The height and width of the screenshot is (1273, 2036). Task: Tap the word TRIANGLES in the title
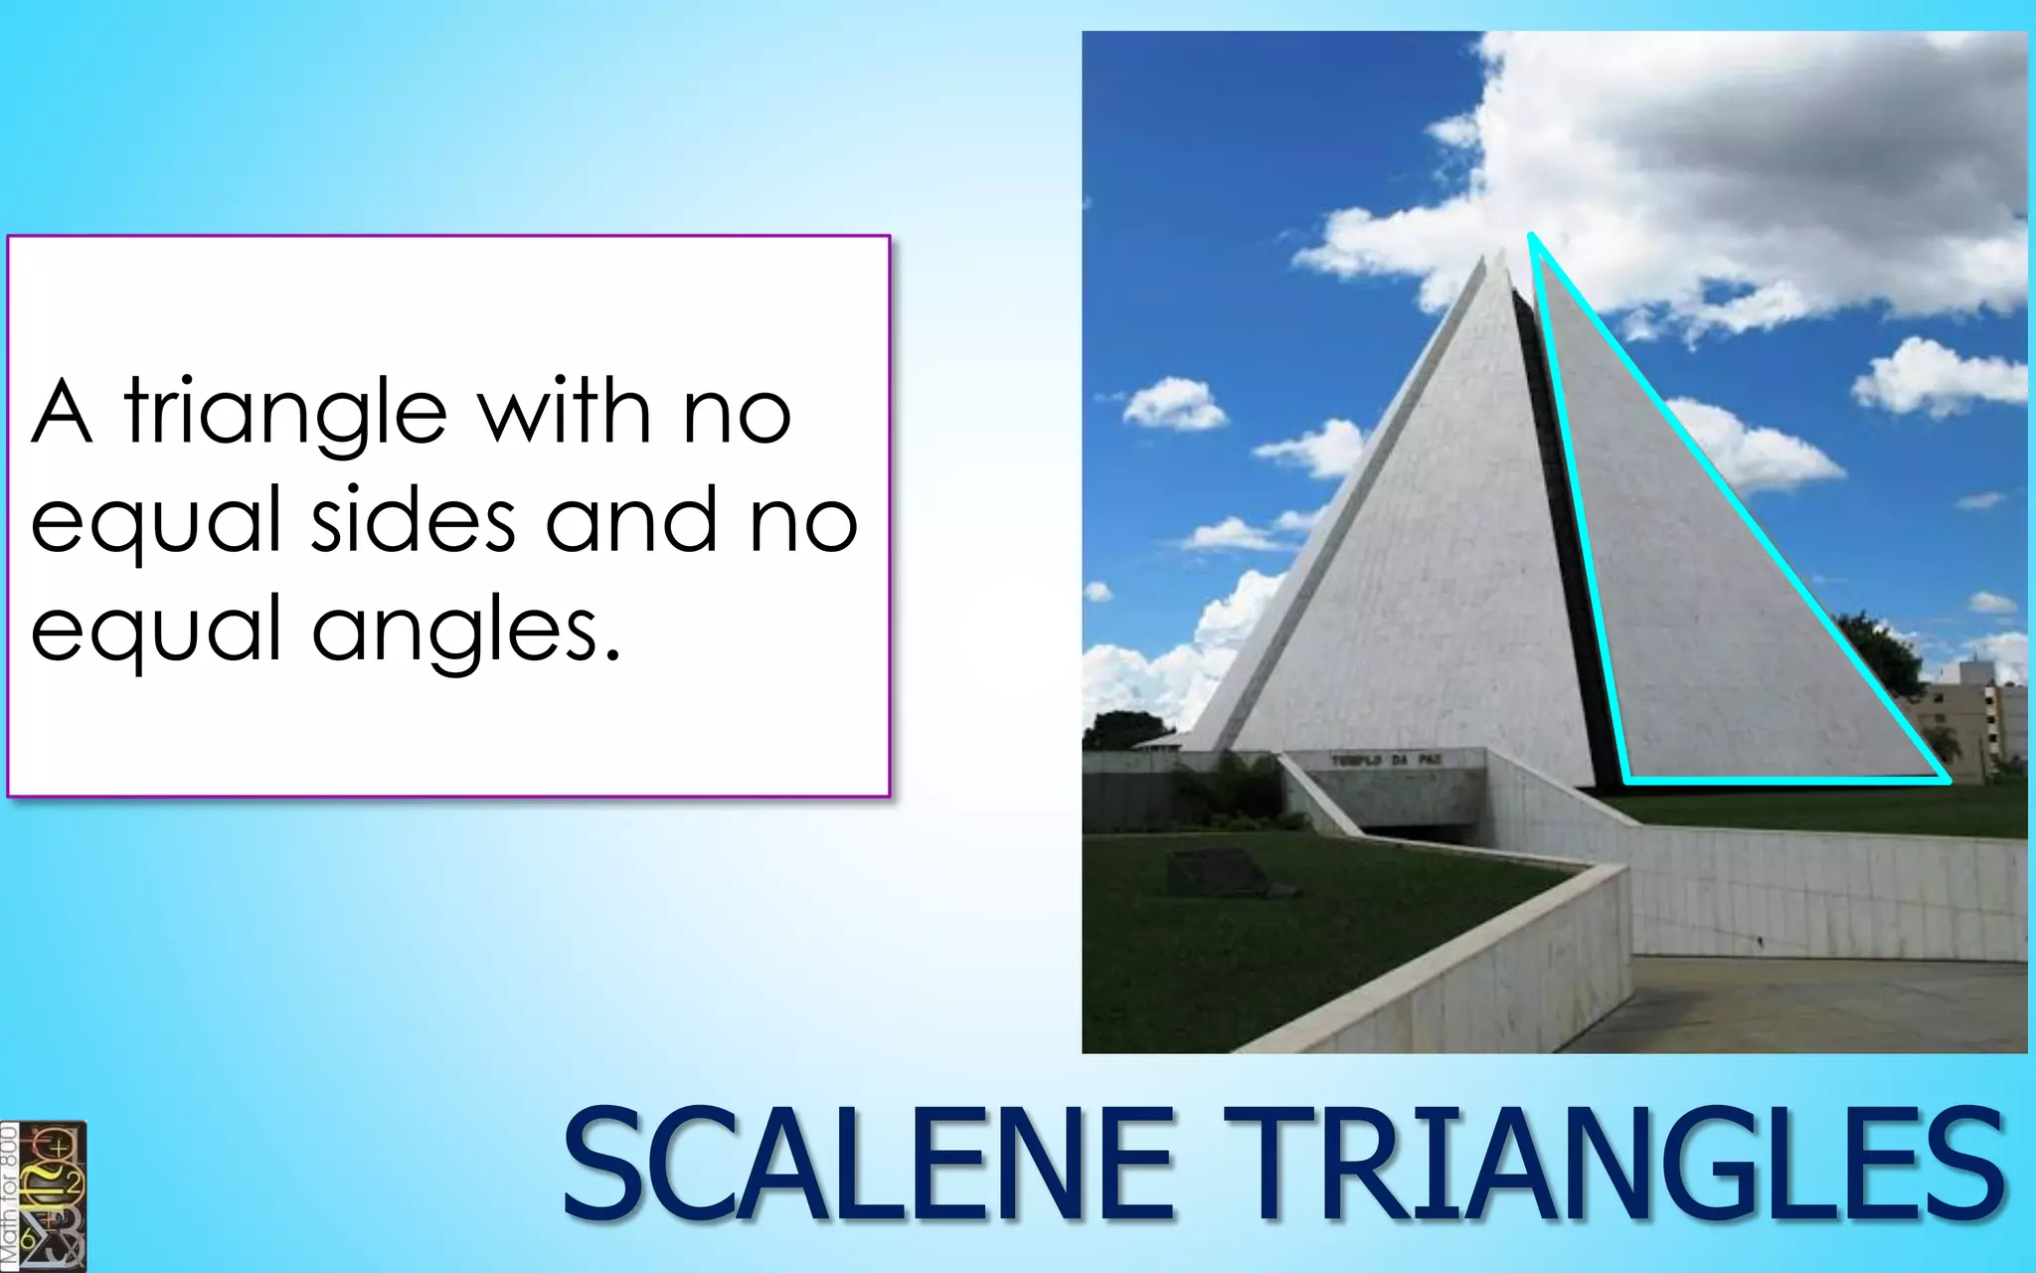point(1612,1166)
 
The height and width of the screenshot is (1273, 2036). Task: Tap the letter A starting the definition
point(62,413)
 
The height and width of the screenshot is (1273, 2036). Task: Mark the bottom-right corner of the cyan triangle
point(1947,780)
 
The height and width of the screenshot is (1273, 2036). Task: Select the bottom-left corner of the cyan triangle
point(1626,780)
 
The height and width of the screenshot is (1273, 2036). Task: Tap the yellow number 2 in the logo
point(72,1182)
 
